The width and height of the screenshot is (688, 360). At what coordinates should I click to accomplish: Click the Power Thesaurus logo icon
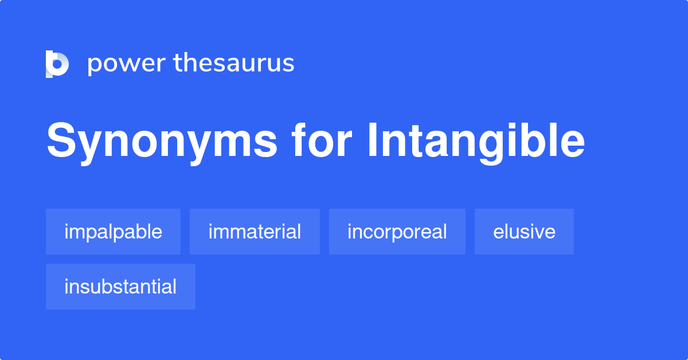coord(57,64)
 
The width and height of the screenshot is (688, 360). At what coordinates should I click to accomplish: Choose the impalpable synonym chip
coord(113,232)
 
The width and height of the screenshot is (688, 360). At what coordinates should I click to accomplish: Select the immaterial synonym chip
coord(255,232)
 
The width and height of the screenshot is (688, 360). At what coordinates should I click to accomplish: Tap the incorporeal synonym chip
coord(397,232)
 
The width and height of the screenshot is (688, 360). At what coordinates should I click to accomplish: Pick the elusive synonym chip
coord(524,232)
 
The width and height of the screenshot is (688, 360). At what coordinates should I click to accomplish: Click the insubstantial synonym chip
coord(120,287)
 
